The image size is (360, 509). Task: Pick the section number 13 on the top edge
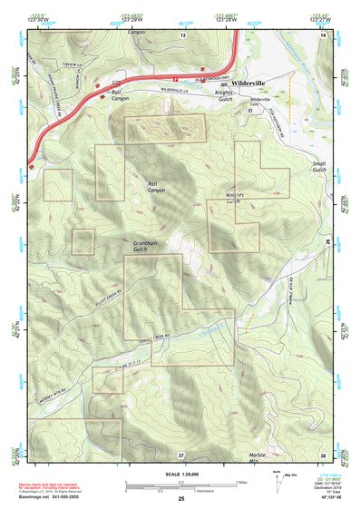point(181,34)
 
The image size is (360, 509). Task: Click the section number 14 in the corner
point(323,34)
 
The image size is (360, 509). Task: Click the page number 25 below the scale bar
point(181,499)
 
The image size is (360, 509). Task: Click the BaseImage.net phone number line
point(47,497)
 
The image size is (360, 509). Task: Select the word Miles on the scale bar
point(240,482)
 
